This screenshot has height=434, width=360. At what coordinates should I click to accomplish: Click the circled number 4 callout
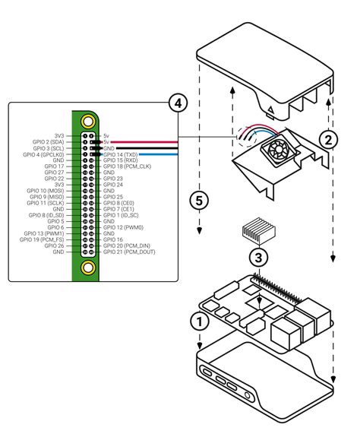click(x=175, y=103)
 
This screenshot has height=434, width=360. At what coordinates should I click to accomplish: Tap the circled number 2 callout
click(x=327, y=139)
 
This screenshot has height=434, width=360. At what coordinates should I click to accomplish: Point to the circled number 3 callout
click(x=260, y=257)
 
